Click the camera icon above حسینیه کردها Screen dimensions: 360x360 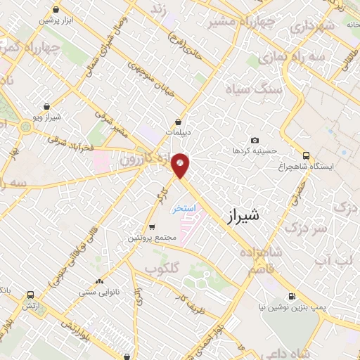255,140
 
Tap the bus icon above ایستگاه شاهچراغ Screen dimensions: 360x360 306,155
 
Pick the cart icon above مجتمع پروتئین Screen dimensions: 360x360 152,227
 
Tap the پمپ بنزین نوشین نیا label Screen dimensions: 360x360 288,307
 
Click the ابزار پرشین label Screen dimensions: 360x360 56,20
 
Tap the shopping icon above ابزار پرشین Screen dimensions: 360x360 56,10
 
